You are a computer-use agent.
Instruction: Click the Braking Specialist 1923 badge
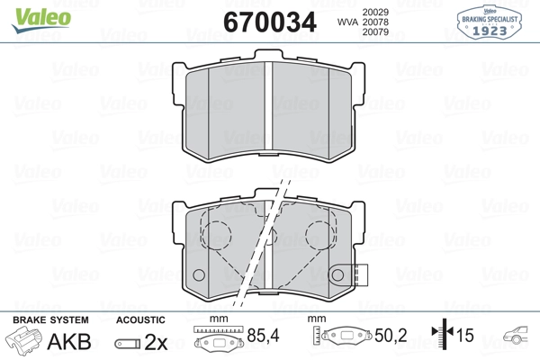coord(491,19)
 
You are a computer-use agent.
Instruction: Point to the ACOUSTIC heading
coord(140,319)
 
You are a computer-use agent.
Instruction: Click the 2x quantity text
coord(156,342)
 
